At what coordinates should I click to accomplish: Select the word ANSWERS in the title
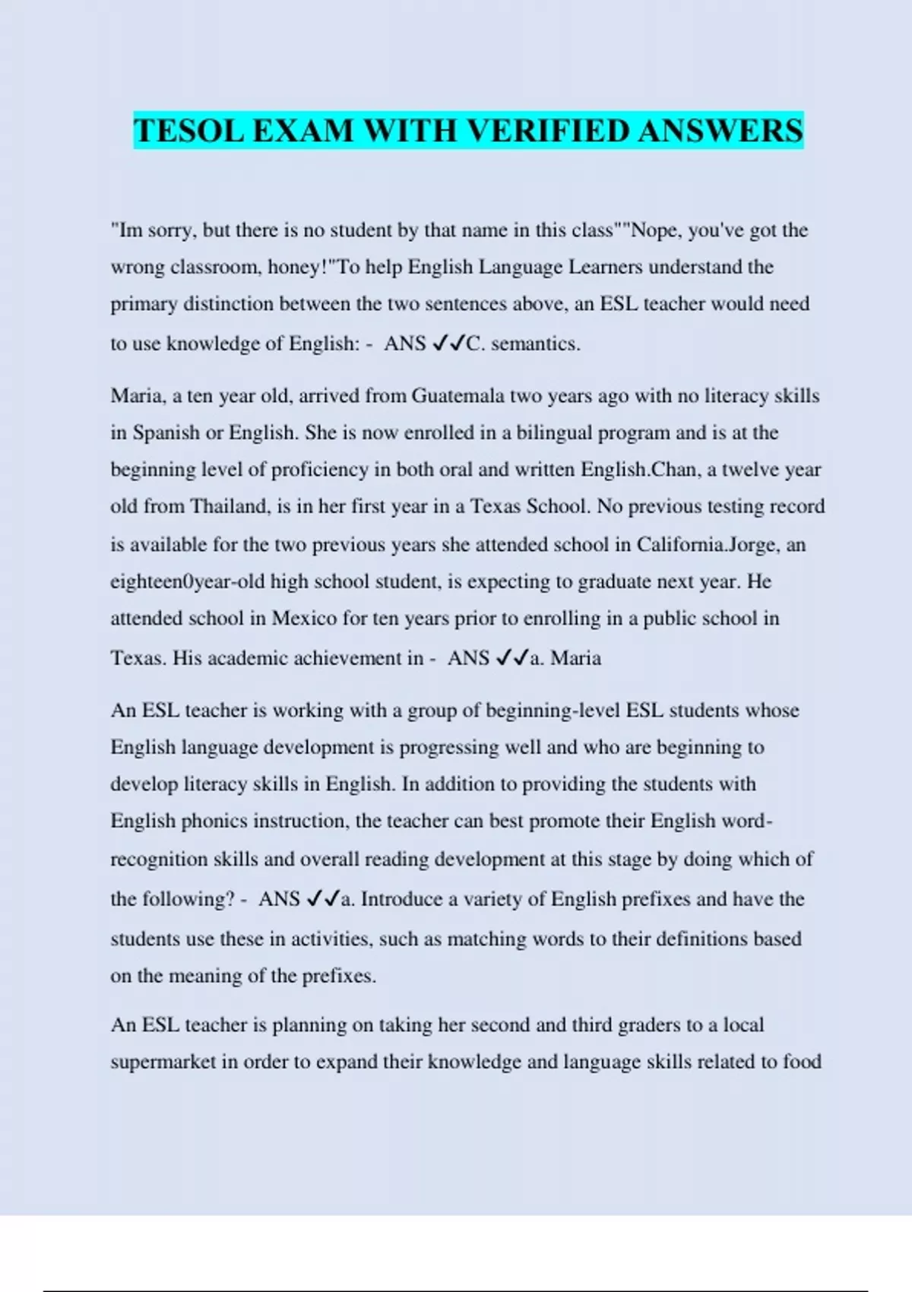(x=720, y=131)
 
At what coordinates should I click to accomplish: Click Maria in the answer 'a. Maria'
(x=576, y=657)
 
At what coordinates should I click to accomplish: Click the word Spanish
(x=167, y=432)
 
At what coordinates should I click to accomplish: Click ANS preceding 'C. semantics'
(x=404, y=344)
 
